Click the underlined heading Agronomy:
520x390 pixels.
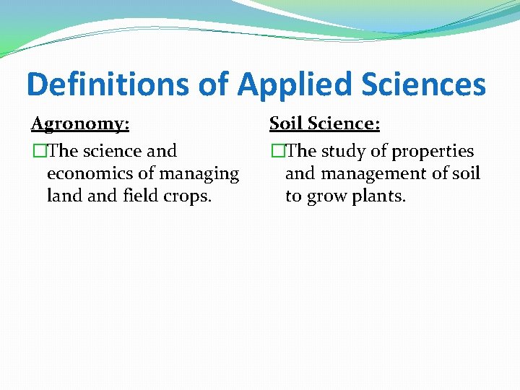[80, 123]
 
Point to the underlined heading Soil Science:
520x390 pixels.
[324, 123]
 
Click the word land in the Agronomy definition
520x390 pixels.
[62, 196]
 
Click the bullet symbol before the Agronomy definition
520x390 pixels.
[37, 152]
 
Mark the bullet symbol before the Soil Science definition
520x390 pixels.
[275, 152]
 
